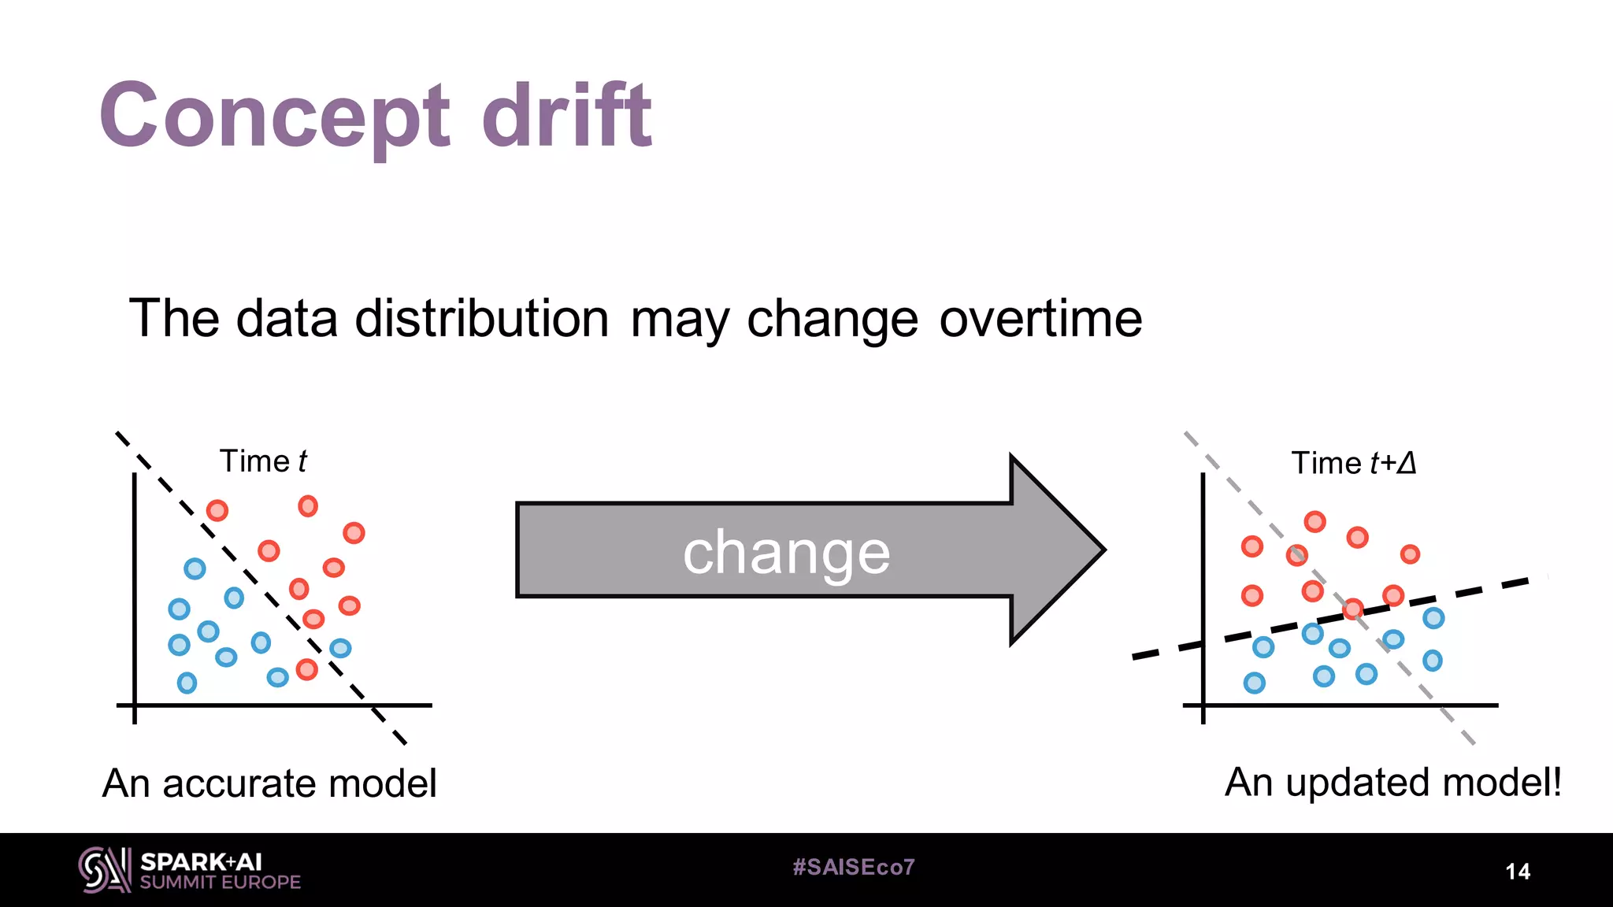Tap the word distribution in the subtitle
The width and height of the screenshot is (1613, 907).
481,319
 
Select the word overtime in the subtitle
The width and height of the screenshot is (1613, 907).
1040,319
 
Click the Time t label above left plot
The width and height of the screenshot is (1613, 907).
263,461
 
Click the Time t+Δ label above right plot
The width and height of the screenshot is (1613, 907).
1354,463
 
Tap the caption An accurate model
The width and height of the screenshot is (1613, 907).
269,783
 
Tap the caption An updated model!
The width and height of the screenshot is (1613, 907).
1392,783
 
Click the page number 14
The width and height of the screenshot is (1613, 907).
1518,872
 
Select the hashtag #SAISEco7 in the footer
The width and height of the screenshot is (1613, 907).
854,867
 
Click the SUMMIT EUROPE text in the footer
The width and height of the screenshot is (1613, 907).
221,883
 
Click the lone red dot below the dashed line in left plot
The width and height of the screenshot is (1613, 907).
306,670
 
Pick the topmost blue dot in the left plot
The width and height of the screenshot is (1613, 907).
195,568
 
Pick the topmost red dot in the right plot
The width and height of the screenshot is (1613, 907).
1315,521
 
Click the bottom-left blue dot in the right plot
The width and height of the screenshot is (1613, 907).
1254,683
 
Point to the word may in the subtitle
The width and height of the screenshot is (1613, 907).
678,320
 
